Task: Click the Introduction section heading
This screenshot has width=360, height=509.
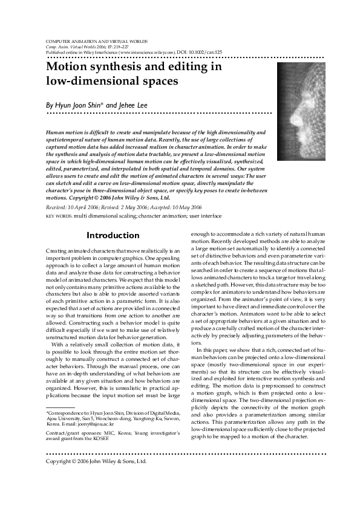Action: pyautogui.click(x=113, y=235)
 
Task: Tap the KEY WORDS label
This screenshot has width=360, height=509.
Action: pyautogui.click(x=59, y=215)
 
